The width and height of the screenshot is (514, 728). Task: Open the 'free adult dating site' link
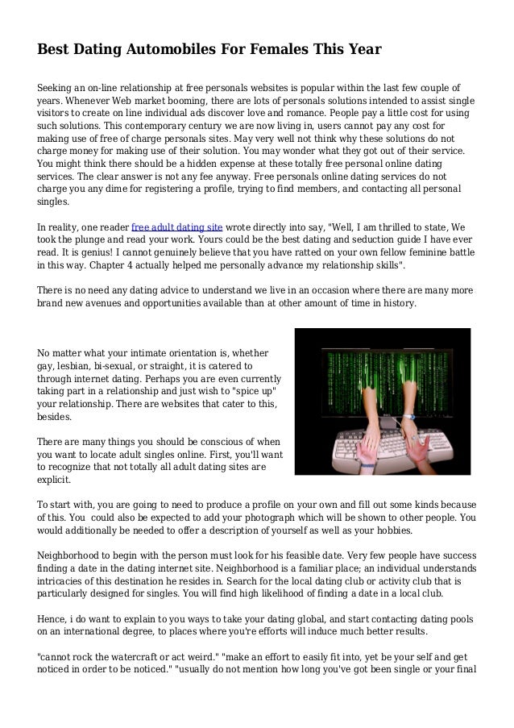point(176,227)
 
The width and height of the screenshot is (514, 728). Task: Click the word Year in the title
point(363,50)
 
